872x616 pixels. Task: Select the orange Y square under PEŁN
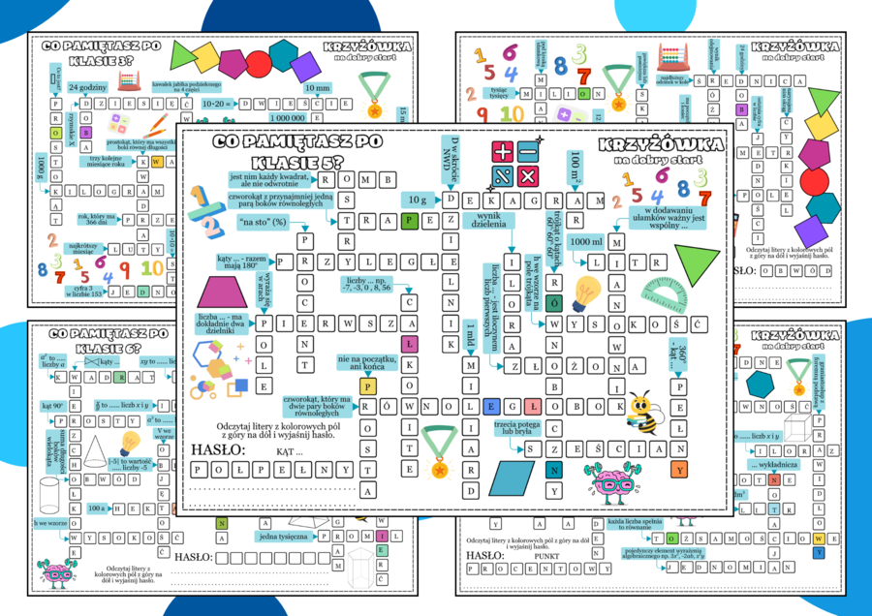click(680, 471)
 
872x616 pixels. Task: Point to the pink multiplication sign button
click(527, 176)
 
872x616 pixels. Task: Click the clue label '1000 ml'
click(586, 241)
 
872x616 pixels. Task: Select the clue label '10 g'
click(418, 199)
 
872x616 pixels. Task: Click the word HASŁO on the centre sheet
click(217, 449)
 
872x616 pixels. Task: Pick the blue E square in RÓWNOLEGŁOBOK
click(491, 407)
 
